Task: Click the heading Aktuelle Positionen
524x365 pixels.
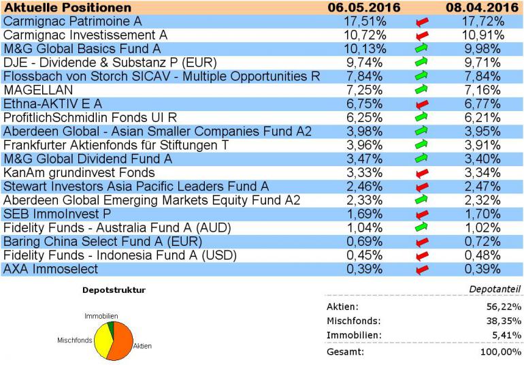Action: [x=67, y=7]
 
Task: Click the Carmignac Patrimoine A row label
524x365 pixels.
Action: [x=72, y=21]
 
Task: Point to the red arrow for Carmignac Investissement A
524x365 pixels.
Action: [x=423, y=35]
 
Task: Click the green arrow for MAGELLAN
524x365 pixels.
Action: [x=423, y=90]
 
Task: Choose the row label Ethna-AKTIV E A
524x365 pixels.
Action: [x=52, y=104]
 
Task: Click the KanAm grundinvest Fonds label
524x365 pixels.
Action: [x=79, y=172]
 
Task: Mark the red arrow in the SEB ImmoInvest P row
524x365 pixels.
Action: [x=423, y=214]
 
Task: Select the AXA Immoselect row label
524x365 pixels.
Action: [x=50, y=269]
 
